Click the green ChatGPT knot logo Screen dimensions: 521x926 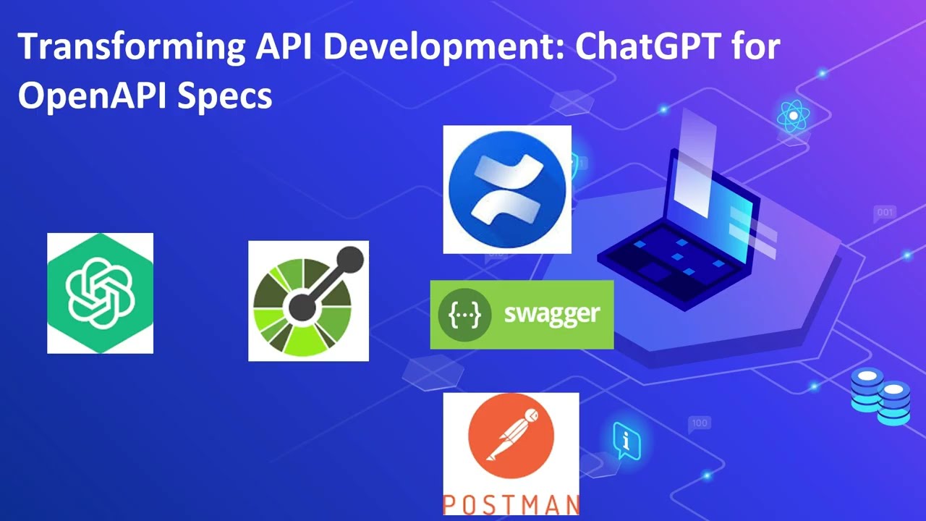[x=100, y=293]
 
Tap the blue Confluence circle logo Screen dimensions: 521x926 [x=506, y=189]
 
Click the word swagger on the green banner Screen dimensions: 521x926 [x=552, y=314]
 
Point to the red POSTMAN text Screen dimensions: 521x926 [x=511, y=504]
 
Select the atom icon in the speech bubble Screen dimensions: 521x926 [x=793, y=116]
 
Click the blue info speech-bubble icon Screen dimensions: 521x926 [x=626, y=439]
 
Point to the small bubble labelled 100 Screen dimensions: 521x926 [x=700, y=423]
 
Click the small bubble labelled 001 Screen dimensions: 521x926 [x=885, y=213]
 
